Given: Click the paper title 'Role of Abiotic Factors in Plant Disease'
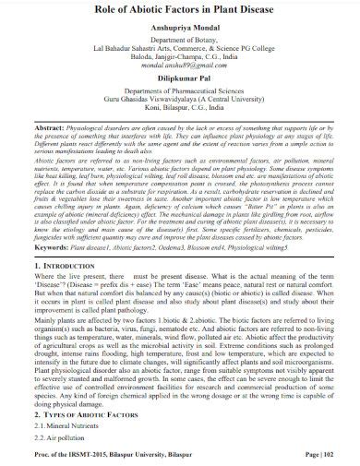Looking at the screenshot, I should pyautogui.click(x=179, y=11).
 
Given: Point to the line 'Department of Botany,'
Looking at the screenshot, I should pyautogui.click(x=179, y=43).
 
